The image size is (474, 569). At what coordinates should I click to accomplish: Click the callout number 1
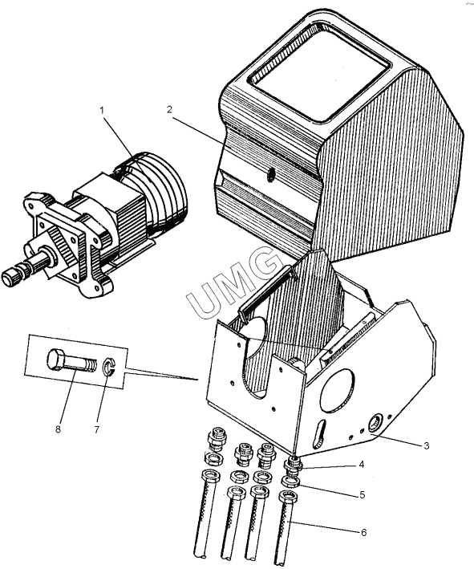[102, 110]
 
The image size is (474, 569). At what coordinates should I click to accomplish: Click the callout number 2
[169, 110]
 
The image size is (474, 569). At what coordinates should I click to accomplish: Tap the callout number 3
[427, 445]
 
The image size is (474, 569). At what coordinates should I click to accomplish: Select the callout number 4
[361, 465]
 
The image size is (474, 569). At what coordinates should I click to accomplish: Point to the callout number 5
[363, 494]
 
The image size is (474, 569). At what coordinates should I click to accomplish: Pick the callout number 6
[363, 532]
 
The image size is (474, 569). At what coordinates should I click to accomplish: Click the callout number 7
[96, 429]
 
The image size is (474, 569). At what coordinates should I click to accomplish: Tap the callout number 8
[58, 429]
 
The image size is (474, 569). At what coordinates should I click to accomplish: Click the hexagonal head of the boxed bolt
[57, 360]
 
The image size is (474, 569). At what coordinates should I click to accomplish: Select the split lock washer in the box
[108, 367]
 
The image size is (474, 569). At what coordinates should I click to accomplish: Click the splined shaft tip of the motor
[11, 276]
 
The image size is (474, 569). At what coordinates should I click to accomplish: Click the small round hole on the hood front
[270, 176]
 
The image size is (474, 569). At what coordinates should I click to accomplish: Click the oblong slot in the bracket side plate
[318, 432]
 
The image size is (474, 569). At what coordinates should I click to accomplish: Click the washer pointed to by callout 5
[291, 482]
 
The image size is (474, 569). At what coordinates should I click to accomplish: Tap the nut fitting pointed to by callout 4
[293, 465]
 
